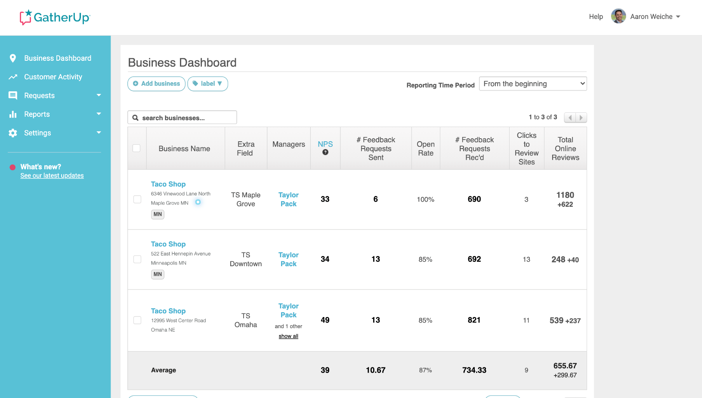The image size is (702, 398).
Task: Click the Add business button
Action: click(156, 84)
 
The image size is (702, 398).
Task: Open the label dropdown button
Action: click(207, 84)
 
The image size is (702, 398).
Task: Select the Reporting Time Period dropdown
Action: click(533, 84)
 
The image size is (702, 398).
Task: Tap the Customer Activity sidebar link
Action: click(53, 77)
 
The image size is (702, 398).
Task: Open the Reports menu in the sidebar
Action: click(37, 114)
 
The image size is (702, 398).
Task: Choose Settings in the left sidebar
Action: click(37, 133)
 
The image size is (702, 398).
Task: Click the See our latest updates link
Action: click(52, 176)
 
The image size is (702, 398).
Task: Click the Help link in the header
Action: click(596, 16)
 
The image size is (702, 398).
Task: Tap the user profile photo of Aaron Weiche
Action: click(619, 16)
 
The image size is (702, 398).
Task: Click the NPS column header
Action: click(325, 144)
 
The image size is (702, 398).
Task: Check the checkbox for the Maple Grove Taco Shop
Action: click(137, 199)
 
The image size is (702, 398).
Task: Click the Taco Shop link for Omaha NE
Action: click(168, 311)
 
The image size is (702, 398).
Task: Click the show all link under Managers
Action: click(288, 336)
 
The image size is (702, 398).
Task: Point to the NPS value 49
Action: click(325, 320)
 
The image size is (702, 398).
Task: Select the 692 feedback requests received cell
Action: click(474, 259)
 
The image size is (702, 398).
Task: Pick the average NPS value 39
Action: click(325, 370)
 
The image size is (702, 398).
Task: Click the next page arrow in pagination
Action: click(581, 118)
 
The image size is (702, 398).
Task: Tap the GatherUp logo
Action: click(55, 17)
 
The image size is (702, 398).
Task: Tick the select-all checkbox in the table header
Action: click(136, 148)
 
